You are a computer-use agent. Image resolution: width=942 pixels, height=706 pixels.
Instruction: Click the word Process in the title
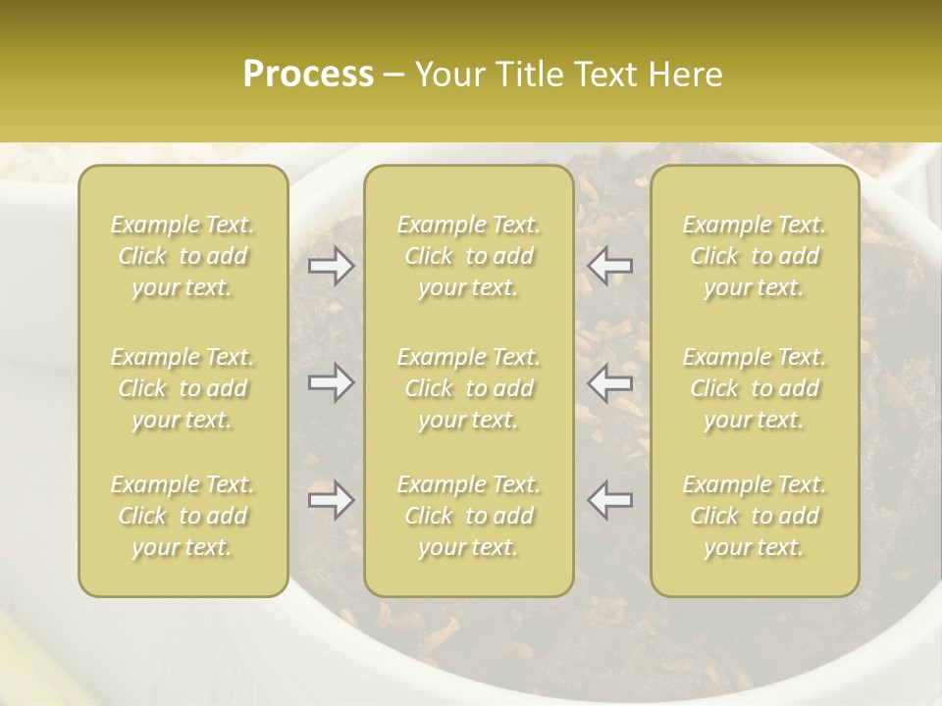[x=308, y=75]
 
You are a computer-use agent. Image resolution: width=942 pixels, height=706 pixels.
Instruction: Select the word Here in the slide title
[x=686, y=75]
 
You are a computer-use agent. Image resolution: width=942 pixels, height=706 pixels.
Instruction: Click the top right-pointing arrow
[x=331, y=266]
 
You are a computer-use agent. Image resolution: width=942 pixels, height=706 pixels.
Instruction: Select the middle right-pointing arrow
[x=331, y=382]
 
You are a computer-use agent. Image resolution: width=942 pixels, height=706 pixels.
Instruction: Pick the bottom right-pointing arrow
[x=331, y=500]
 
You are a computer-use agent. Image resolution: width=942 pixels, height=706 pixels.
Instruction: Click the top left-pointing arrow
[x=610, y=266]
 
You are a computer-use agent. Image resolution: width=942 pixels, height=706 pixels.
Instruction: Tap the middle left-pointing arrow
[x=610, y=382]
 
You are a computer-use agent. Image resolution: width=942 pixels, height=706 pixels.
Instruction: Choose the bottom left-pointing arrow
[x=610, y=500]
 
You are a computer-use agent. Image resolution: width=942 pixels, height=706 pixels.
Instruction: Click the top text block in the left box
[x=183, y=256]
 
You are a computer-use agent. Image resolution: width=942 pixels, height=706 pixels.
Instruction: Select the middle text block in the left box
[x=183, y=388]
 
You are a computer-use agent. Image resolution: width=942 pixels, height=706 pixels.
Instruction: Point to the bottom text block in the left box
[x=183, y=516]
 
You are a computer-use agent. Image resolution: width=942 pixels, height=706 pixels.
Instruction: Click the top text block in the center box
[x=469, y=256]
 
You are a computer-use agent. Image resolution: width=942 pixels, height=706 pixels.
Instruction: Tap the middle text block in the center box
[x=469, y=388]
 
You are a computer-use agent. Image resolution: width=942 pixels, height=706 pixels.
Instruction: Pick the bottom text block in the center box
[x=469, y=516]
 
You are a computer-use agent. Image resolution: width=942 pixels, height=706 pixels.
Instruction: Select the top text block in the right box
[x=755, y=256]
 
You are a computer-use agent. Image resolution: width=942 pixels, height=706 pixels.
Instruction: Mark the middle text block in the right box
[x=755, y=388]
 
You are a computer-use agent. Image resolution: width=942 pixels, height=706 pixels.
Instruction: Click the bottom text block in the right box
[x=755, y=516]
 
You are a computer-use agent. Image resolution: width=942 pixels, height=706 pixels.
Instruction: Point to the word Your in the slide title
[x=448, y=75]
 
